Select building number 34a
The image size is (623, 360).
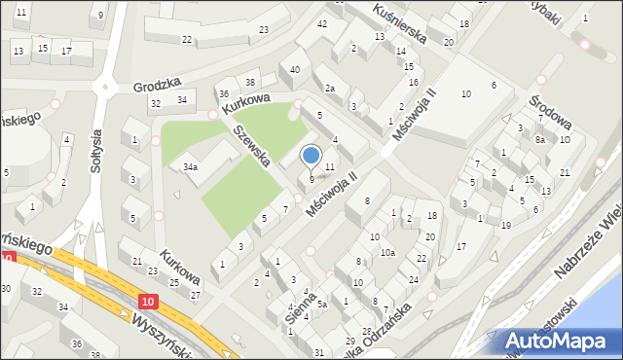point(191,167)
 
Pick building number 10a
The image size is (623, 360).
point(387,253)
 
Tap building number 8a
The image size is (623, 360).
point(538,140)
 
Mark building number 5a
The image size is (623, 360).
point(320,304)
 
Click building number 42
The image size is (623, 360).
point(322,22)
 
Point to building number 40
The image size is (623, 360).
point(294,69)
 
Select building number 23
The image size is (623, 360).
point(264,30)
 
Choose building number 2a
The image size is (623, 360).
point(330,89)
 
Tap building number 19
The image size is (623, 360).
point(505,225)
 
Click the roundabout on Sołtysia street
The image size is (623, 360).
point(104,86)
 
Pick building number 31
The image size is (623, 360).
point(319,351)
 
